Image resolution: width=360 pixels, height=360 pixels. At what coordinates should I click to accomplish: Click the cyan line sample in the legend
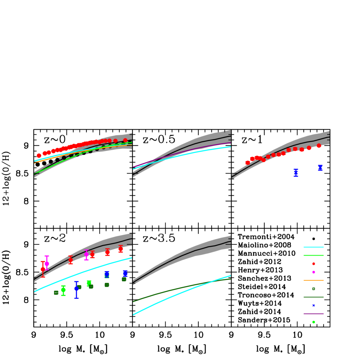pyautogui.click(x=313, y=247)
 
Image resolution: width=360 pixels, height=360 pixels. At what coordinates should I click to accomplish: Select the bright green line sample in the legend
pyautogui.click(x=313, y=255)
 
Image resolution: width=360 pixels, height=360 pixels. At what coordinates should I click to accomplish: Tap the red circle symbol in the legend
pyautogui.click(x=313, y=264)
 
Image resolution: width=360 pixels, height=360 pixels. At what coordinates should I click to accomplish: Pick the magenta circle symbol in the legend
pyautogui.click(x=313, y=272)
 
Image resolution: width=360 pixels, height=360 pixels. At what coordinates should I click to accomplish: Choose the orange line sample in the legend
pyautogui.click(x=313, y=280)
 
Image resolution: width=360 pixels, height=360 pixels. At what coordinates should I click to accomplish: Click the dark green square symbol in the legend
pyautogui.click(x=313, y=288)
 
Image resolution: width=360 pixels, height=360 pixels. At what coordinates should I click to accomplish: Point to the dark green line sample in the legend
pyautogui.click(x=313, y=297)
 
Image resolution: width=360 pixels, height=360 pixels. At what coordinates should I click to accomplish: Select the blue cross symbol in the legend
pyautogui.click(x=313, y=305)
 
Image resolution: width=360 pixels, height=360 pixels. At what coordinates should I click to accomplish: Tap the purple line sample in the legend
pyautogui.click(x=313, y=314)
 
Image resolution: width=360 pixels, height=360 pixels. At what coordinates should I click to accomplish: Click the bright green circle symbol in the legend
pyautogui.click(x=313, y=322)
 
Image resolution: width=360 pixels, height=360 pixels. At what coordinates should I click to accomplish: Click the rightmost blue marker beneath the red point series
pyautogui.click(x=320, y=168)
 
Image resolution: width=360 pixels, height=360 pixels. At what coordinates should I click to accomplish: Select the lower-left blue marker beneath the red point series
pyautogui.click(x=296, y=173)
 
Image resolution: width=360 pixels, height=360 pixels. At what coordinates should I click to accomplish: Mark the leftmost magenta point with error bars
pyautogui.click(x=47, y=264)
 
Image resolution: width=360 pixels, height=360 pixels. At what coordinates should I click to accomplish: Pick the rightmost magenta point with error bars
pyautogui.click(x=86, y=254)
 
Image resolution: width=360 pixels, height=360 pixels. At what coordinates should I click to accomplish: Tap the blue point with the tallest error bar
pyautogui.click(x=76, y=289)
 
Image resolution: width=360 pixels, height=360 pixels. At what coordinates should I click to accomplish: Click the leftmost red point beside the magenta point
pyautogui.click(x=43, y=269)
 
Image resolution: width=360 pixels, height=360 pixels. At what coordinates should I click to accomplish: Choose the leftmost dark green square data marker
pyautogui.click(x=56, y=292)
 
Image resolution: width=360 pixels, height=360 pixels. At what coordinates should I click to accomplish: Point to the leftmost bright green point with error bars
pyautogui.click(x=63, y=290)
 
